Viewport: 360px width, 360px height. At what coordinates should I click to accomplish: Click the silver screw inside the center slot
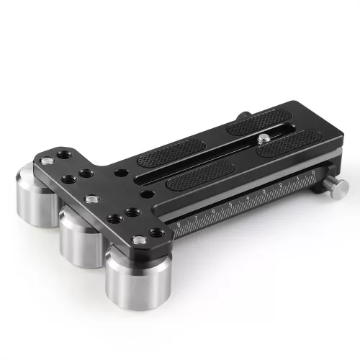coord(266,137)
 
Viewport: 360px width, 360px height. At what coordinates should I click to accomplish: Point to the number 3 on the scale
coord(264,192)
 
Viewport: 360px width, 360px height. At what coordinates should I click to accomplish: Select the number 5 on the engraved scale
coord(230,204)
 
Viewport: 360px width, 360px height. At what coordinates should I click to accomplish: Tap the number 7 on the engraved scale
coord(197,217)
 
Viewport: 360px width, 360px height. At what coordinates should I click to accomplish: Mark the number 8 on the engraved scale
coord(179,224)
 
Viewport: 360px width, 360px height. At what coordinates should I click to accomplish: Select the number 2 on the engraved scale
coord(280,186)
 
